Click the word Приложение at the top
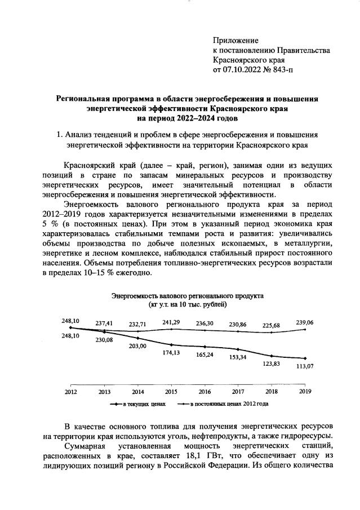[x=235, y=41]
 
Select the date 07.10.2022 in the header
[x=243, y=69]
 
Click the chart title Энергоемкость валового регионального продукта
[x=187, y=295]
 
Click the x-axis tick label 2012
[x=70, y=391]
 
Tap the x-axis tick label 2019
[x=305, y=391]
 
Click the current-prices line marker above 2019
[x=305, y=358]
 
